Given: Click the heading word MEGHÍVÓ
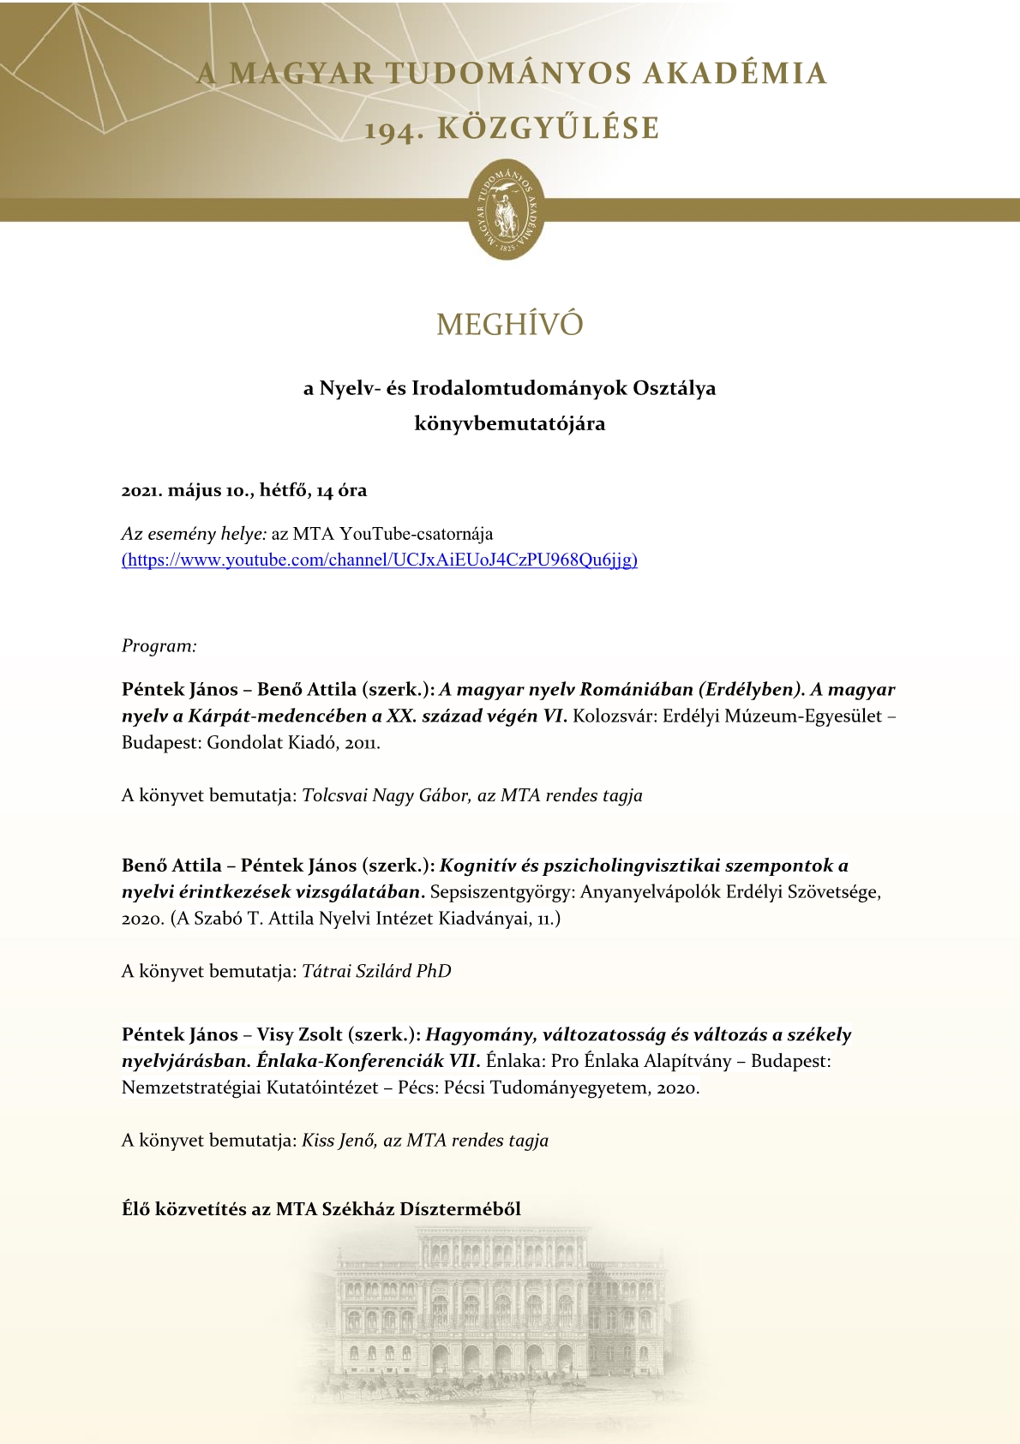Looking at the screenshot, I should [509, 325].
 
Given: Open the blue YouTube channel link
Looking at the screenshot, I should [380, 560].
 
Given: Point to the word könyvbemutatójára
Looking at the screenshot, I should [509, 423].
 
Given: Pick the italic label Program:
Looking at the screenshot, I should [159, 646].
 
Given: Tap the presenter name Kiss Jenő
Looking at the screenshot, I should [338, 1141].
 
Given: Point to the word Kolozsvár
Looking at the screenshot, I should [614, 716].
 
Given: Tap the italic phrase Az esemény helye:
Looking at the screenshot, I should [194, 534].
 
